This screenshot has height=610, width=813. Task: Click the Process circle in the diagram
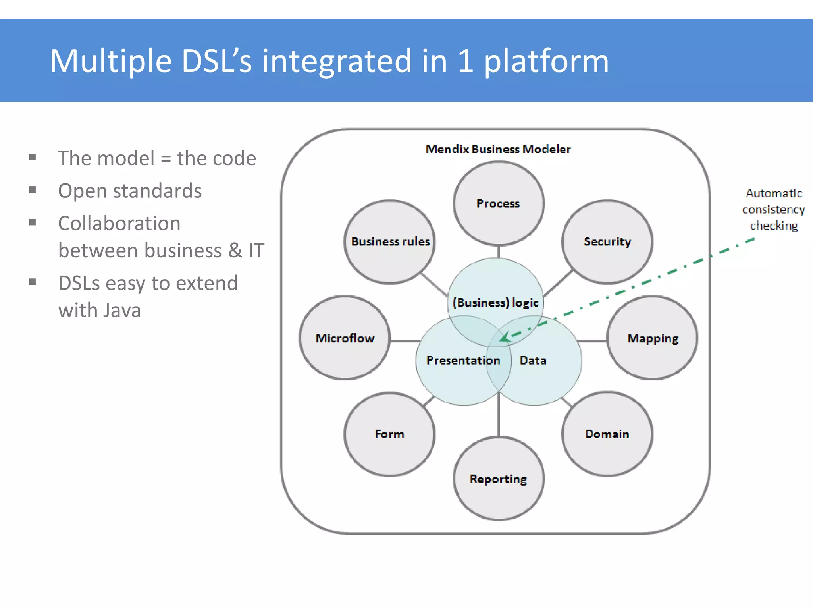[x=498, y=203]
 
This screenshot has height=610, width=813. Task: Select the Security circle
[x=607, y=241]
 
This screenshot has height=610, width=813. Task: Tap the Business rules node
[x=390, y=241]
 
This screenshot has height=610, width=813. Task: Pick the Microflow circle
[x=345, y=338]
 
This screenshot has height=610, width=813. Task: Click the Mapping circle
[x=652, y=338]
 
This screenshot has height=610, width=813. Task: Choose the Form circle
[x=389, y=434]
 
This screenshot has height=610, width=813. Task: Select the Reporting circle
[x=498, y=479]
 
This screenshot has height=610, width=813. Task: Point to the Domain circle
[x=607, y=434]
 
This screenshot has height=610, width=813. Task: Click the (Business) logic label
[x=495, y=303]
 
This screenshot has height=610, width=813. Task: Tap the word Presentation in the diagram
[x=463, y=360]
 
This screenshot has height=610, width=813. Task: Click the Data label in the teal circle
[x=533, y=360]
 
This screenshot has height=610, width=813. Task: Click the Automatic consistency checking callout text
[x=773, y=209]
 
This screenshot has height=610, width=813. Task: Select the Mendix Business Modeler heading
[x=498, y=149]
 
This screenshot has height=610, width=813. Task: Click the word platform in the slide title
[x=546, y=62]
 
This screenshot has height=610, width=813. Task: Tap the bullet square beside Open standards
[x=33, y=190]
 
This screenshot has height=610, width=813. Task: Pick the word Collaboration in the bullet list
[x=119, y=223]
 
